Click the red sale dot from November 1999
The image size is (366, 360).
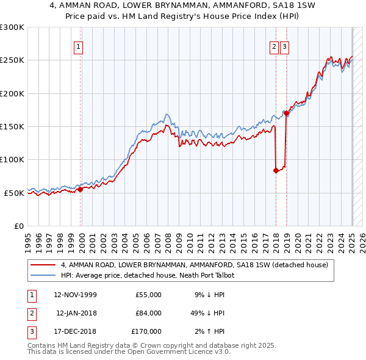80,190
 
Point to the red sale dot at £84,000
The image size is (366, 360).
276,170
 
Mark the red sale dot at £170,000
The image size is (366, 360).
286,113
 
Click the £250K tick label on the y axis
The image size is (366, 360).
12,60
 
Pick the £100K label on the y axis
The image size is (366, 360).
12,160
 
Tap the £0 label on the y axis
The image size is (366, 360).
18,226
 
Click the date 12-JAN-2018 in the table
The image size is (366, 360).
76,313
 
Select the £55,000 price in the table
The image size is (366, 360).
149,295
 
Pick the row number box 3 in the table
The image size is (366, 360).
30,331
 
